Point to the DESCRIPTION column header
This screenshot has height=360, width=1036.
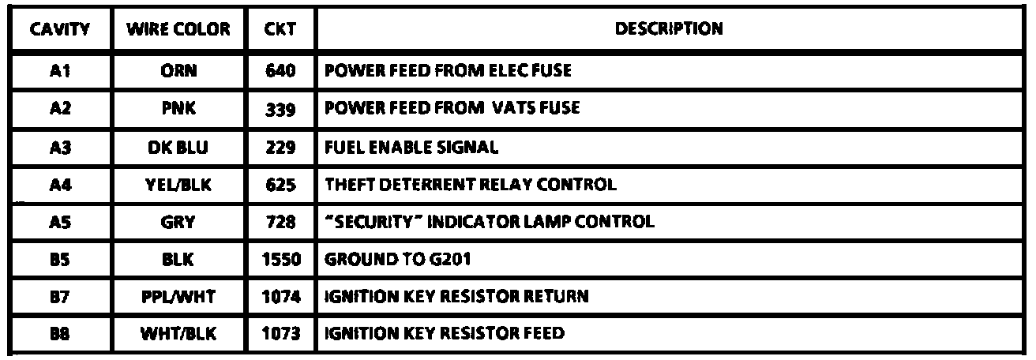[669, 30]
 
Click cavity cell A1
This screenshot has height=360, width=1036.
[59, 71]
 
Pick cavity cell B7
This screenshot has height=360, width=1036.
[59, 297]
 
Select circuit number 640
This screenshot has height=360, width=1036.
[280, 71]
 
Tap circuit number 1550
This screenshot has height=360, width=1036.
[280, 259]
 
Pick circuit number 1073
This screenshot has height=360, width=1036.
[280, 334]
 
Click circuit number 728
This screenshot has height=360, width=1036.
[280, 222]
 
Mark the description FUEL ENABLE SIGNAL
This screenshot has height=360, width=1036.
[411, 146]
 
